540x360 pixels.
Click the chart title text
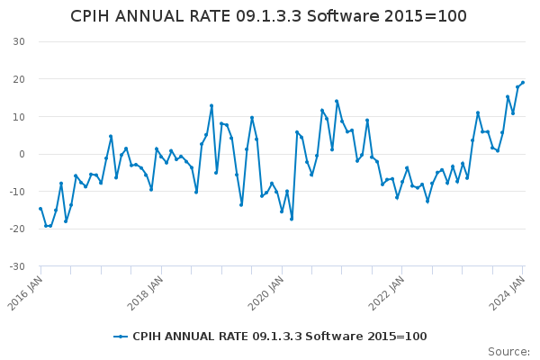pos(268,16)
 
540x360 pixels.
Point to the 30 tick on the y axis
pos(19,41)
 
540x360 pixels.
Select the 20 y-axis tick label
pos(19,79)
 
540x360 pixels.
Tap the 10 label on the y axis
pos(19,117)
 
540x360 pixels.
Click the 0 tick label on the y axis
pos(22,154)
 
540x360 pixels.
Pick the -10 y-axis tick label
pos(17,192)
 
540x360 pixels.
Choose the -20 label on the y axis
pos(17,229)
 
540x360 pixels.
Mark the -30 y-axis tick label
pos(17,266)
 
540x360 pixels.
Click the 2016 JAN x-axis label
pos(25,293)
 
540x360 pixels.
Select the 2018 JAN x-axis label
pos(145,293)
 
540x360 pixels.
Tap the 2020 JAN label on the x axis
pos(265,293)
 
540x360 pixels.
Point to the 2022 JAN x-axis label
pos(386,293)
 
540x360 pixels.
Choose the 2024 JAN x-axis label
pos(507,293)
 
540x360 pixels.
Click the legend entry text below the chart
pos(280,337)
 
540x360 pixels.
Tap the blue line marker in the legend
pos(121,337)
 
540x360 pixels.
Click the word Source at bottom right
pos(508,352)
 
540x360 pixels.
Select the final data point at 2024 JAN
pos(523,83)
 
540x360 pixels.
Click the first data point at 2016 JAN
pos(40,209)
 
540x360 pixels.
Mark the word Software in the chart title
pos(344,16)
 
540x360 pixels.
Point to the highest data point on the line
pos(523,83)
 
